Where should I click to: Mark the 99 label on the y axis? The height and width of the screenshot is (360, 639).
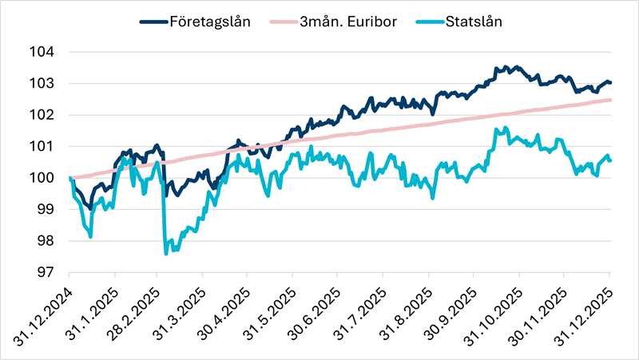pyautogui.click(x=46, y=209)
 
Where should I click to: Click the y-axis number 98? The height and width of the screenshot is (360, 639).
pyautogui.click(x=46, y=241)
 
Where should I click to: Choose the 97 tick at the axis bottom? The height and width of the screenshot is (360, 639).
pyautogui.click(x=46, y=272)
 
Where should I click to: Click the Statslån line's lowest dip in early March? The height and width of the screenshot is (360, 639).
pyautogui.click(x=165, y=254)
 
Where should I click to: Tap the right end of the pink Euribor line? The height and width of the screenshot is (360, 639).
pyautogui.click(x=611, y=100)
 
